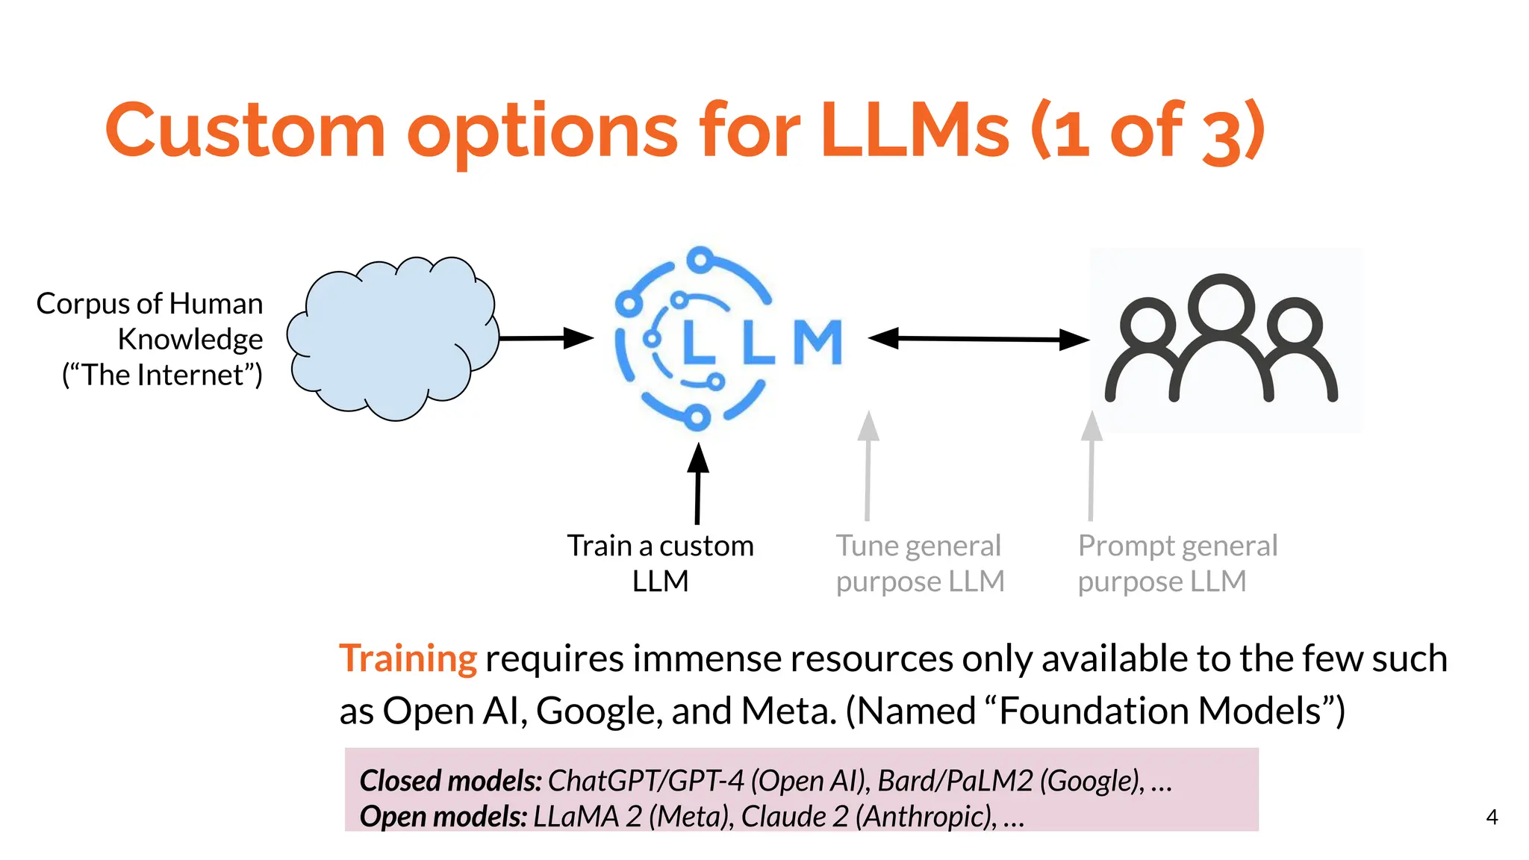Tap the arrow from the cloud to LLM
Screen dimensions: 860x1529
coord(545,338)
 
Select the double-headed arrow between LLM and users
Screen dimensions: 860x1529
coord(978,339)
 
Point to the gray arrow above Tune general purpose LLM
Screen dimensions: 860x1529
coord(868,466)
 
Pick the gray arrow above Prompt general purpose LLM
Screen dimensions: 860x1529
coord(1092,466)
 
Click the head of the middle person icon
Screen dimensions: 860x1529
coord(1221,304)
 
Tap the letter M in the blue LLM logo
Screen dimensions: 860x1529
coord(818,343)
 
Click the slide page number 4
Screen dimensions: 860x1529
coord(1492,817)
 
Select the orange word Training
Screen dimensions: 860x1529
coord(408,659)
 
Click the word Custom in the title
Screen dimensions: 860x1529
coord(245,131)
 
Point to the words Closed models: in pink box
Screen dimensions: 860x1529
coord(450,781)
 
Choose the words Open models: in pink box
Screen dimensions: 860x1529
coord(443,817)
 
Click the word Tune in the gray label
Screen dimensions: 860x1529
coord(866,546)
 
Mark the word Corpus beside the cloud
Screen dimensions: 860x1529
coord(82,305)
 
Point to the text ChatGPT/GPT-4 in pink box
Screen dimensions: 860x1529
coord(646,781)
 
